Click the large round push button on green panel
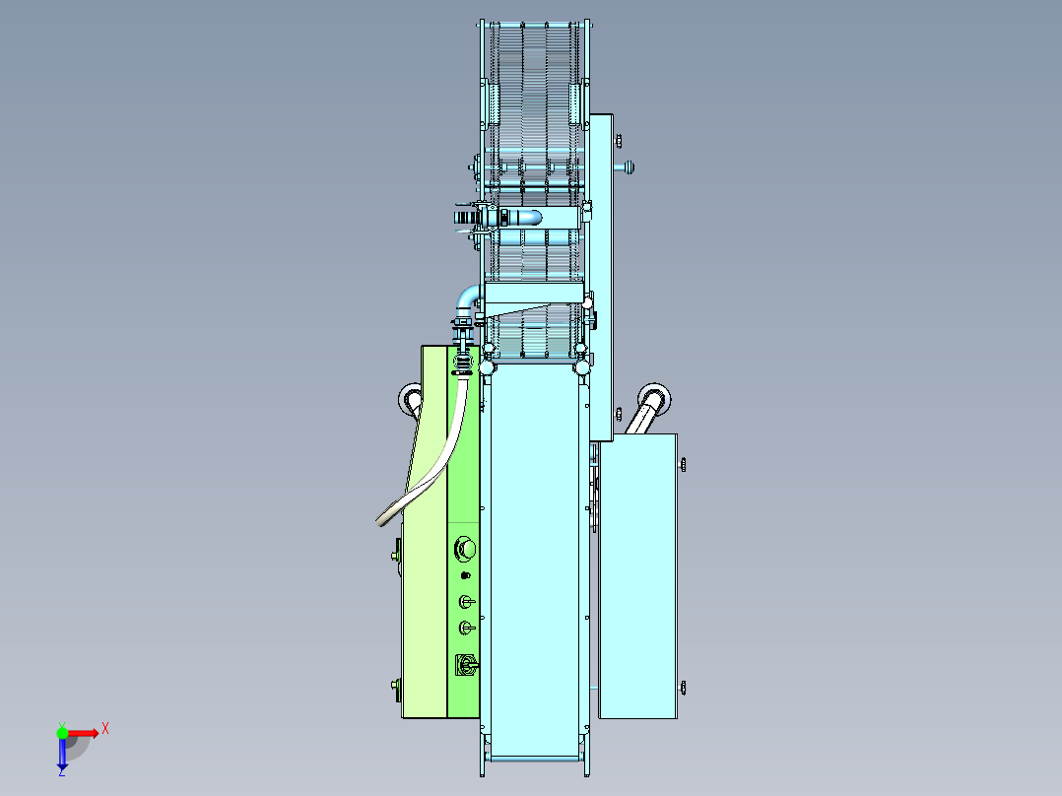tap(465, 549)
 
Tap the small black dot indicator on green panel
tap(465, 576)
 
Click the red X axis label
tap(105, 729)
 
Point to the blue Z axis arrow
tap(62, 754)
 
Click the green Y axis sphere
tap(62, 732)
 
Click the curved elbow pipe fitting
tap(467, 298)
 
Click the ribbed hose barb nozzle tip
tap(463, 218)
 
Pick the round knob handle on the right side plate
tap(630, 166)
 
